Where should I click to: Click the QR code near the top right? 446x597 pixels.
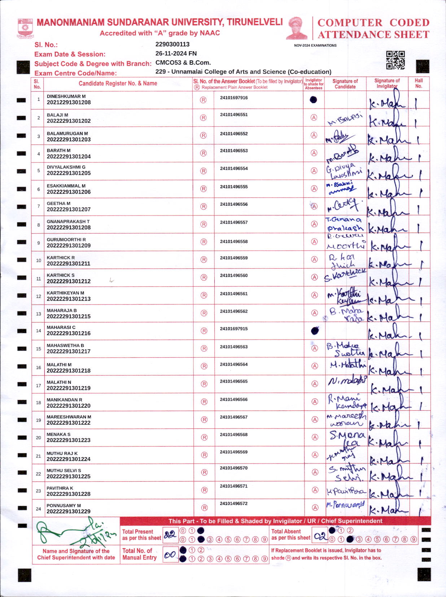coord(395,60)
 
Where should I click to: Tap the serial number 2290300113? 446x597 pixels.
coord(172,44)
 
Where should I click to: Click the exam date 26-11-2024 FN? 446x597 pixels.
coord(176,53)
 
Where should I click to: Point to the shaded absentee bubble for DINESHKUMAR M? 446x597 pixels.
coord(313,100)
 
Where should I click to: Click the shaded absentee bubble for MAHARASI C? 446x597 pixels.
coord(315,330)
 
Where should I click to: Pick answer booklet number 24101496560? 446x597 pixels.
coord(234,275)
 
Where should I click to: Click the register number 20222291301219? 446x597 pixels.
coord(69,388)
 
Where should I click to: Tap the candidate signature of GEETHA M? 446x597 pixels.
coord(344,206)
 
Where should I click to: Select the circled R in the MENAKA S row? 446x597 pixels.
coord(204,437)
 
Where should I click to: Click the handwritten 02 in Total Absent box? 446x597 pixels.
coord(320,536)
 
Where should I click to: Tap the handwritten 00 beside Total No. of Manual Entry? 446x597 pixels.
coord(170,555)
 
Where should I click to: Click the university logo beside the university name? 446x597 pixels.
coord(25,29)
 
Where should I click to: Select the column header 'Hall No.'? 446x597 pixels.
coord(419,83)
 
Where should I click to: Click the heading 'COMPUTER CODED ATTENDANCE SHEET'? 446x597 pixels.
coord(373,29)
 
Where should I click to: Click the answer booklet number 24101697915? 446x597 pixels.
coord(234,329)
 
